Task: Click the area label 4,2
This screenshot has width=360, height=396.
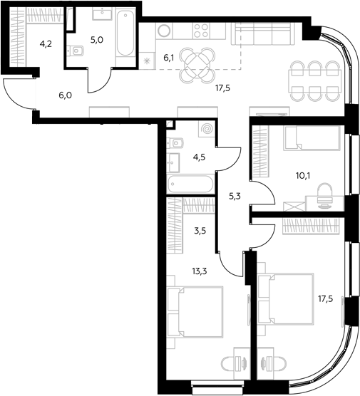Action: [46, 44]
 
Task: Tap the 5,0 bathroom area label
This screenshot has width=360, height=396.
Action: [97, 40]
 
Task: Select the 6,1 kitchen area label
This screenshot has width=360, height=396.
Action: [170, 58]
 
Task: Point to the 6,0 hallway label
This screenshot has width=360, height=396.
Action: [65, 95]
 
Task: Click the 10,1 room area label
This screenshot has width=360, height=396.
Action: [303, 175]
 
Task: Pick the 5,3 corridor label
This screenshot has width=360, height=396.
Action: [235, 197]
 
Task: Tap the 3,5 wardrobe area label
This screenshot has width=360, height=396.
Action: [200, 231]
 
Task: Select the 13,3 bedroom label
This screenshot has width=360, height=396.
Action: [200, 271]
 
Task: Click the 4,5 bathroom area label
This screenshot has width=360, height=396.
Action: [199, 157]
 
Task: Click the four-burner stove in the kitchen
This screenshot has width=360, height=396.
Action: [201, 31]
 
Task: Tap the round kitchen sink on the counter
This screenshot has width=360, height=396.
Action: [164, 31]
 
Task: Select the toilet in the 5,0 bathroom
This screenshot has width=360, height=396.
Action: [76, 51]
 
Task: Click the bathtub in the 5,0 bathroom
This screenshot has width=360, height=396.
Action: [125, 33]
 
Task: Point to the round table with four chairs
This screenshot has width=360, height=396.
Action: [197, 65]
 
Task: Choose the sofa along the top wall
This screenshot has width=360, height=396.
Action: [263, 33]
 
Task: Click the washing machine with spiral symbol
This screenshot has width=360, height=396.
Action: [207, 129]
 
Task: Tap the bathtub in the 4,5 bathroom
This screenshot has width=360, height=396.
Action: [190, 184]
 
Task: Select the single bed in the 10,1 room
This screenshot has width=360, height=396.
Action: [312, 138]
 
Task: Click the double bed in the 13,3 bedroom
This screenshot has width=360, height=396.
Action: [195, 312]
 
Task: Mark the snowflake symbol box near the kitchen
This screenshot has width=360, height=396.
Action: [147, 61]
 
